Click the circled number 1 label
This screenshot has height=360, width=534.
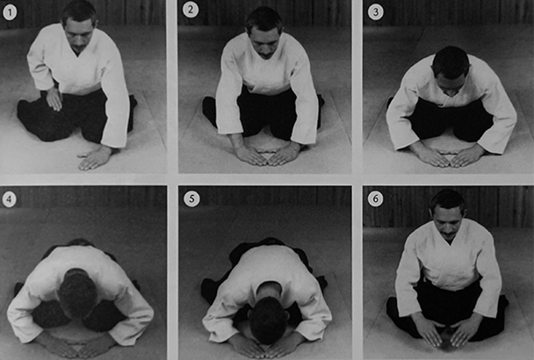click(x=10, y=13)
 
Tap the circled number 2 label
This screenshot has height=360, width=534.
click(x=191, y=10)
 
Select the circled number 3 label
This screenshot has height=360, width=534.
click(x=376, y=12)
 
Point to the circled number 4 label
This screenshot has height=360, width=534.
click(x=9, y=199)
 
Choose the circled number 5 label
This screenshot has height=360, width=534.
click(x=191, y=199)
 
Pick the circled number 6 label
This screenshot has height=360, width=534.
click(x=376, y=198)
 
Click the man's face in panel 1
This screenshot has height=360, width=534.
click(x=79, y=35)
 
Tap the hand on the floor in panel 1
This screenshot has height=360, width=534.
click(x=94, y=159)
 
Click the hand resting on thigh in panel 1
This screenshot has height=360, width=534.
click(x=54, y=98)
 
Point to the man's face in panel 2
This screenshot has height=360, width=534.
click(x=264, y=41)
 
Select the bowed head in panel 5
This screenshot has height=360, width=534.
click(x=267, y=320)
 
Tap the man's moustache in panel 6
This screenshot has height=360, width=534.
click(x=449, y=234)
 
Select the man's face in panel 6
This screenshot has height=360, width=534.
click(x=448, y=222)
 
